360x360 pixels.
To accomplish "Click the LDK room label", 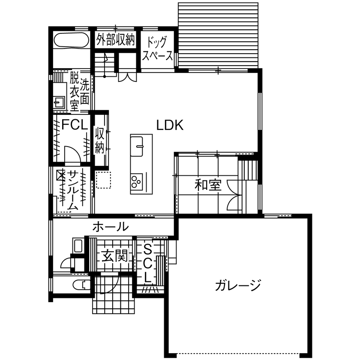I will point(170,126).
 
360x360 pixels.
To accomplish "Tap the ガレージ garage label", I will point(238,285).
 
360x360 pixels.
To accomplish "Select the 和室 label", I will point(208,186).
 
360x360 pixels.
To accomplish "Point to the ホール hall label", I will point(110,227).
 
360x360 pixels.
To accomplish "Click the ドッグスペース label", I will point(158,49).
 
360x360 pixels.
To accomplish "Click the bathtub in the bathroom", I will point(71,41).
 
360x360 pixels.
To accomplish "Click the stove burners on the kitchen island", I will point(137,182).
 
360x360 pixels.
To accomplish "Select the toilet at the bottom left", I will point(79,285).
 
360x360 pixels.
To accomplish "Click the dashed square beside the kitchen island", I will point(103,180).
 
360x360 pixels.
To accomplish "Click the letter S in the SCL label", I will point(147,249).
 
